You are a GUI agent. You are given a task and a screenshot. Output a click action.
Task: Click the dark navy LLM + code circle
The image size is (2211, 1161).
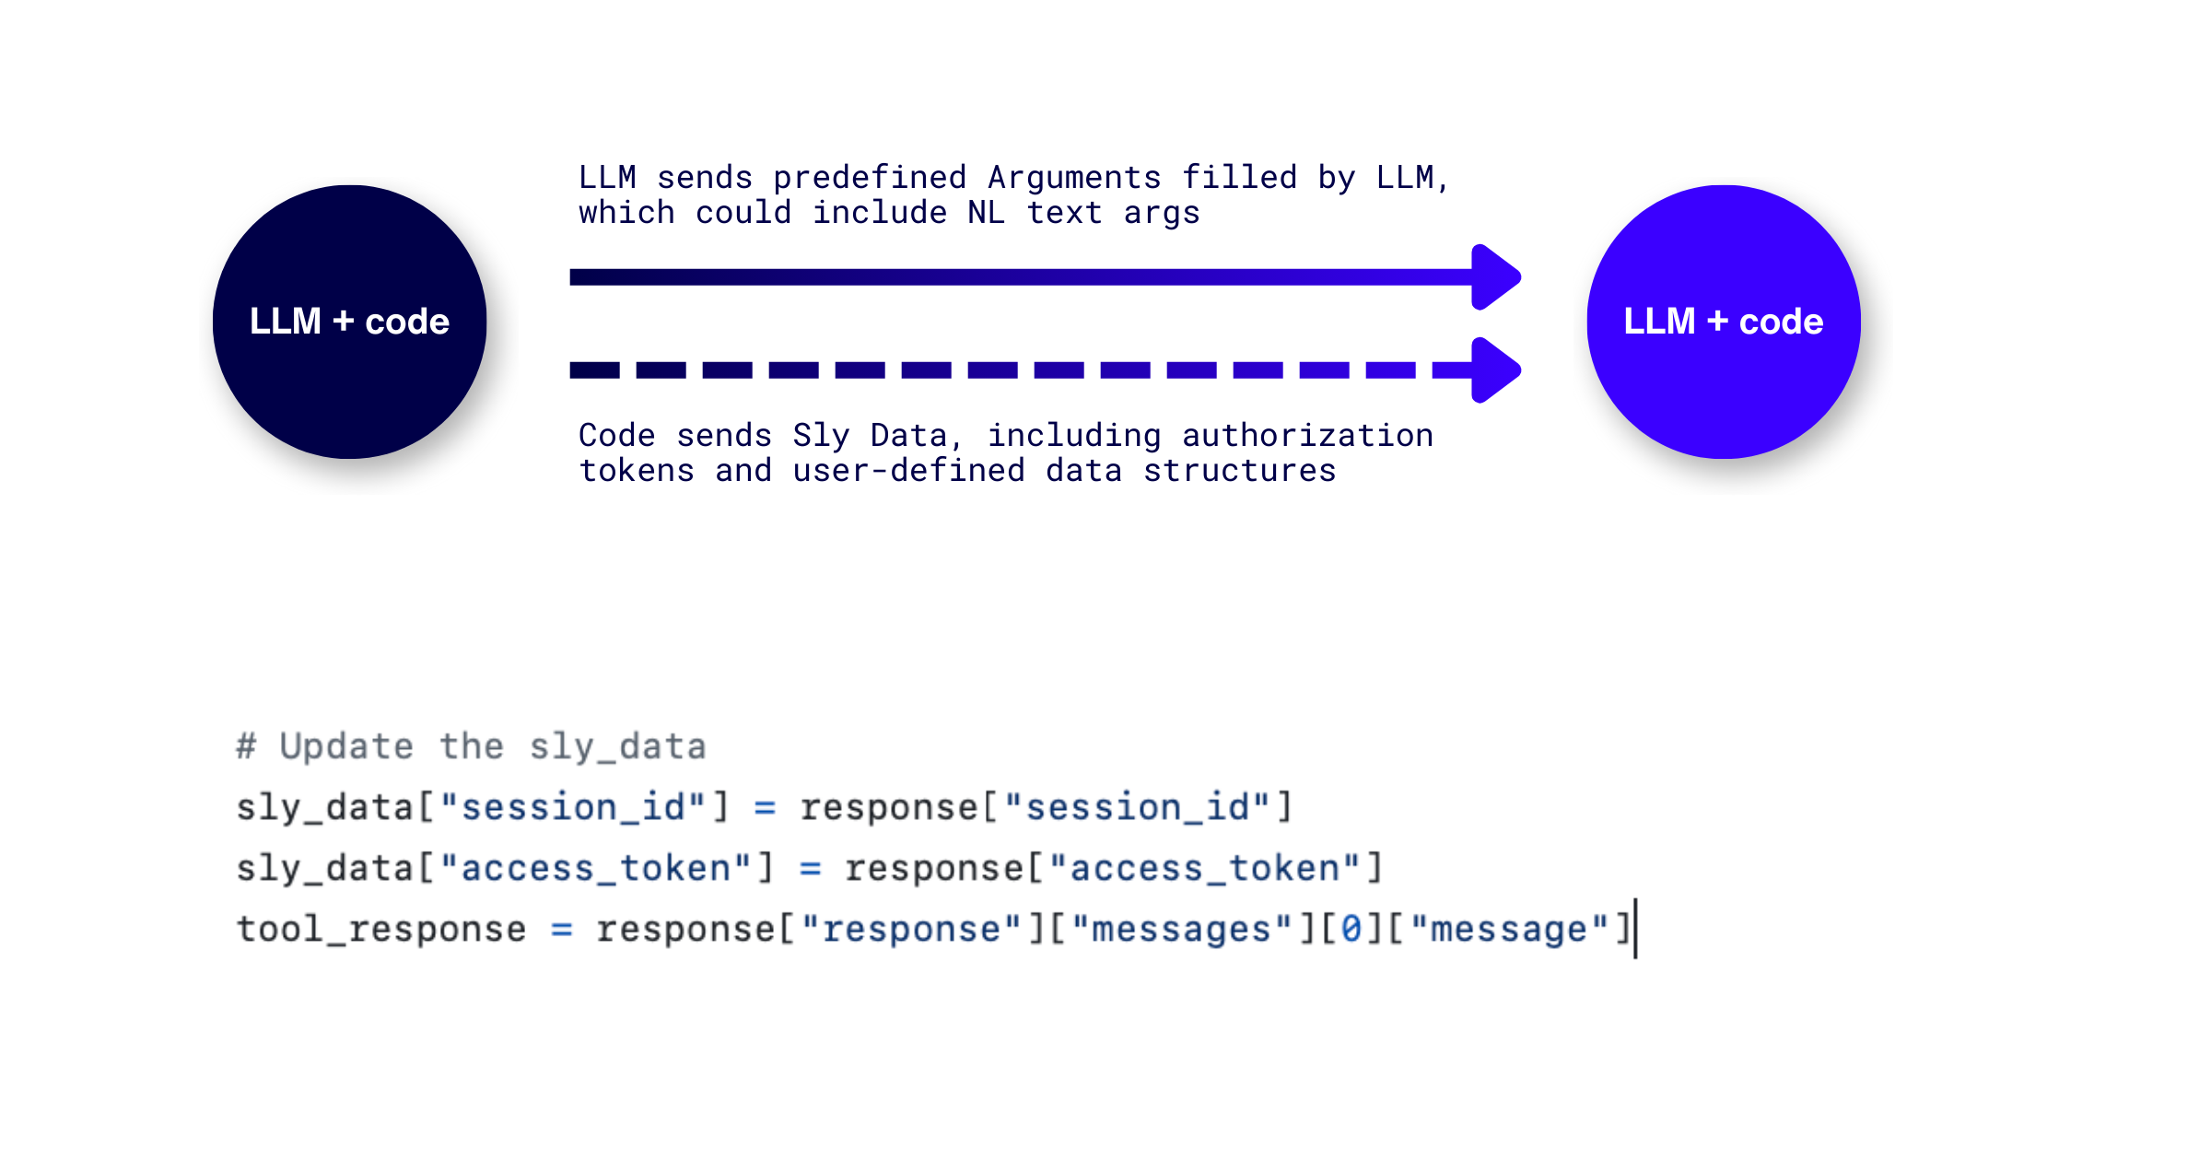(349, 322)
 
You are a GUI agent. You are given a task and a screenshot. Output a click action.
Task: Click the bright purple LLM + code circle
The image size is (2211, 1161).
(1723, 322)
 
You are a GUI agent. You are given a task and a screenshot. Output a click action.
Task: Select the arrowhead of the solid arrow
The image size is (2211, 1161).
(1495, 277)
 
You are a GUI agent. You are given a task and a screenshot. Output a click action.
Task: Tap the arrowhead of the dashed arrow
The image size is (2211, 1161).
(1495, 370)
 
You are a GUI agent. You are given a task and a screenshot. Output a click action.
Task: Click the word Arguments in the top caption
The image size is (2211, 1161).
(1074, 177)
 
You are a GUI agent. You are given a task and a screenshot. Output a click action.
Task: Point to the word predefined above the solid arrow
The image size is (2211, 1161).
(870, 177)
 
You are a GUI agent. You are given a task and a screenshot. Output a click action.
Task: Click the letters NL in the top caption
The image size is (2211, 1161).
(986, 213)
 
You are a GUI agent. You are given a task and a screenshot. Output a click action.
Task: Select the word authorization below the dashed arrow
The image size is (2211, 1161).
(1307, 435)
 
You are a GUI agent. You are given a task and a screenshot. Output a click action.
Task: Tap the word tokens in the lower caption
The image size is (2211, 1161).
(637, 471)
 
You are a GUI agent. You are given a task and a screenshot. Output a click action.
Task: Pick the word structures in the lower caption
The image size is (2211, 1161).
(1239, 471)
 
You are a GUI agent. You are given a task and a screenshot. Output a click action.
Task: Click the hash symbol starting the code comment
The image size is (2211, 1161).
(246, 745)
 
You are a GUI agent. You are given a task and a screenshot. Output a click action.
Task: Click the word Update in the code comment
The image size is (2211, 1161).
(346, 745)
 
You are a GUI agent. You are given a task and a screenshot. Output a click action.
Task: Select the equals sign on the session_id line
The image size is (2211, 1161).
(765, 808)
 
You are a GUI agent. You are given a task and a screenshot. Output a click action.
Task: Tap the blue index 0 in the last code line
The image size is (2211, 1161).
(1351, 929)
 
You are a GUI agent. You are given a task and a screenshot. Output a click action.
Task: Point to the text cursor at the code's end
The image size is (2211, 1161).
(1636, 929)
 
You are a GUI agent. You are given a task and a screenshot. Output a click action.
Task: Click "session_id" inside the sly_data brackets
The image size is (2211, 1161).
(573, 808)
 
